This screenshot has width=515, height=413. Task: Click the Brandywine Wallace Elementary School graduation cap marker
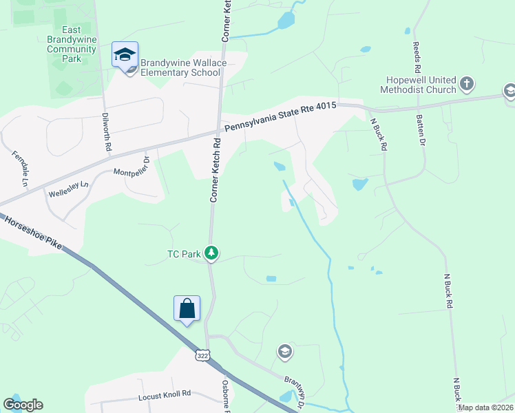coord(125,55)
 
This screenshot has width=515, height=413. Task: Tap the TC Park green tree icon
coord(211,254)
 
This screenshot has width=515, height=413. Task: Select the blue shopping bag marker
coord(187,309)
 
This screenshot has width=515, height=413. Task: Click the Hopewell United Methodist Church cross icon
coord(467,84)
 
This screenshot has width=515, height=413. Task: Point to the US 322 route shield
coord(202,356)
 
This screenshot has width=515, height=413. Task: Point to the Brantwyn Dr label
coord(295,390)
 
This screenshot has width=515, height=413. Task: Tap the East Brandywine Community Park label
coord(72,44)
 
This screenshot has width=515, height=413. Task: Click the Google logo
coord(23,405)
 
